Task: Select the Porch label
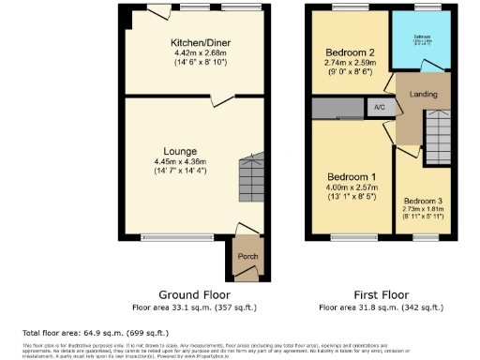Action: point(247,257)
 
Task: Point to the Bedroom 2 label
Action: point(350,52)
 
